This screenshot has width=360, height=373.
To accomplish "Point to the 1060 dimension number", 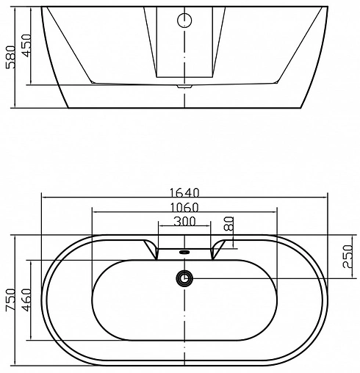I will coord(184,206).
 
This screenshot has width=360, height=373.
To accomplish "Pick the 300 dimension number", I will coord(184,221).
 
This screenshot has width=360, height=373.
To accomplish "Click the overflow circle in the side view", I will coord(184,20).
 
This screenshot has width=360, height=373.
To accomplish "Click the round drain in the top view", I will coord(184,278).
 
